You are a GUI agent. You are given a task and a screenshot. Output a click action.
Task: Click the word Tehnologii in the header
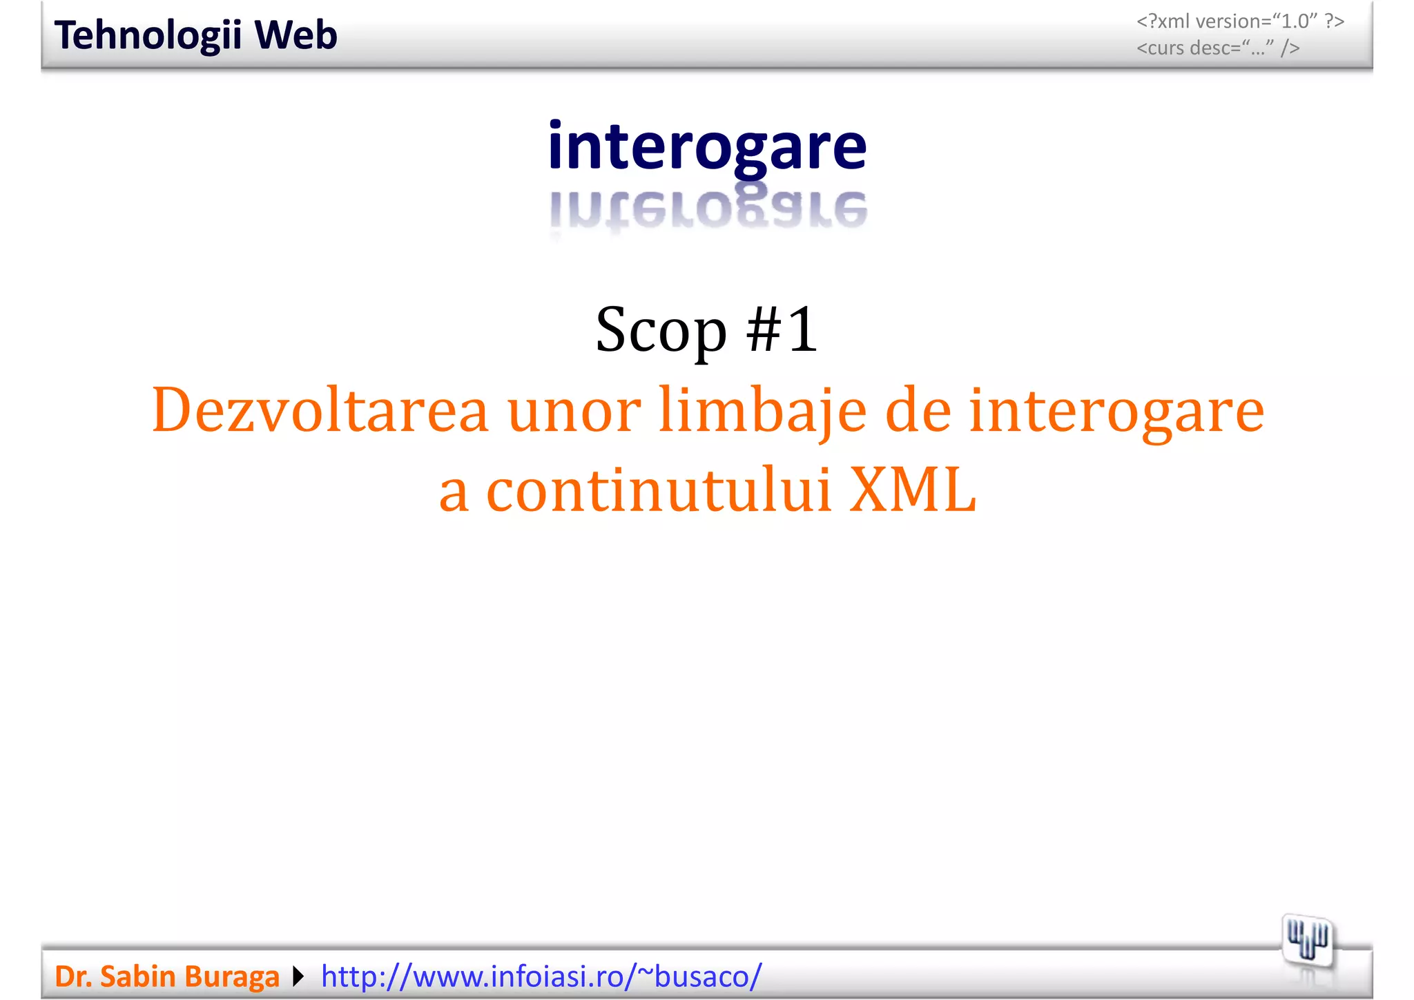(x=146, y=36)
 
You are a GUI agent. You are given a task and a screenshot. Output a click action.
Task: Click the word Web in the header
(x=296, y=36)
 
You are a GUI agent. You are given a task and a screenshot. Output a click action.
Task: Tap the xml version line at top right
(x=1240, y=21)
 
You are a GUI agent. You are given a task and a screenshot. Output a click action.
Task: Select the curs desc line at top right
(x=1218, y=48)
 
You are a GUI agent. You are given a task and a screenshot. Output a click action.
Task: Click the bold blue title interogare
(x=707, y=146)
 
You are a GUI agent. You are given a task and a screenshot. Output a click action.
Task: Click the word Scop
(x=661, y=330)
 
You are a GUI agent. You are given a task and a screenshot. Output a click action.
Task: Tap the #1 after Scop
(x=782, y=330)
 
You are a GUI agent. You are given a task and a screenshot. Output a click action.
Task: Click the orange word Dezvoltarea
(x=320, y=410)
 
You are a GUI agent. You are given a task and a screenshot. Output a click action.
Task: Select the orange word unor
(x=573, y=410)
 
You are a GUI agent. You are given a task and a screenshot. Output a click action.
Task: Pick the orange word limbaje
(x=762, y=410)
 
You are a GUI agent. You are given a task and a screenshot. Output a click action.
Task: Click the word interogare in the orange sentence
(x=1116, y=410)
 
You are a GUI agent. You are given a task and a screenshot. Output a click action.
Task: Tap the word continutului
(x=659, y=490)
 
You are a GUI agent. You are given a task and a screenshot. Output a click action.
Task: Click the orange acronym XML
(x=912, y=490)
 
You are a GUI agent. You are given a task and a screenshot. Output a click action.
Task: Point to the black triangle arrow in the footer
(x=298, y=977)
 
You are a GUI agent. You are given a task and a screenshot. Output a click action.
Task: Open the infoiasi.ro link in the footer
(x=541, y=977)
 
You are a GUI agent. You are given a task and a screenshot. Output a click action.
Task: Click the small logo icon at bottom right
(x=1307, y=941)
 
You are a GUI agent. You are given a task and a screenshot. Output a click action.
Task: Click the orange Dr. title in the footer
(x=72, y=977)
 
